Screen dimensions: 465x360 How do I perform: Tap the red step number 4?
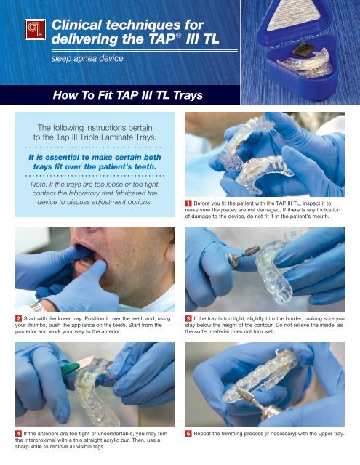pos(9,434)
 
